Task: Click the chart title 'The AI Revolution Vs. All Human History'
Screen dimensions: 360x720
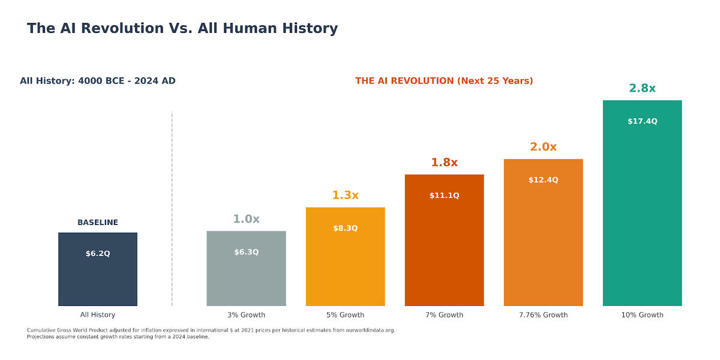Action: point(182,28)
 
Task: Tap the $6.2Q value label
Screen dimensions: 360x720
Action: point(98,254)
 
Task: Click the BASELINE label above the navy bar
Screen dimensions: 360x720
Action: point(98,223)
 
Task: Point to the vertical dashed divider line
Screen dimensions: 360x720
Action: point(172,210)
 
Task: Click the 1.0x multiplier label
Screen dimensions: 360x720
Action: point(246,219)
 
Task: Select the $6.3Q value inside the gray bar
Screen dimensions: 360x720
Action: point(246,252)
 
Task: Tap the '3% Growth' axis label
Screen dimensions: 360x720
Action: point(246,315)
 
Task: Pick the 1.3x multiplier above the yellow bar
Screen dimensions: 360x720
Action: point(345,195)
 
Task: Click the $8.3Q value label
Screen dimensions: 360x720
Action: point(345,228)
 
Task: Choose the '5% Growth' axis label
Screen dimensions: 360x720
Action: point(345,315)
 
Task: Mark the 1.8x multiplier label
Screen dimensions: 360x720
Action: point(444,163)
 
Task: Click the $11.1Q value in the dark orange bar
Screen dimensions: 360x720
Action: point(444,196)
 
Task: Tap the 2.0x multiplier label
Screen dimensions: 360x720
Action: point(543,147)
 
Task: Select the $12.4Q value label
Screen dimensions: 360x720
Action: point(543,180)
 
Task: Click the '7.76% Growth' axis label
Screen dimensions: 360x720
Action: point(543,315)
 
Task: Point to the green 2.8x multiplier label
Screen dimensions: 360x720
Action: point(642,88)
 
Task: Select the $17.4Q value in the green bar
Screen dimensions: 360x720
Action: point(642,121)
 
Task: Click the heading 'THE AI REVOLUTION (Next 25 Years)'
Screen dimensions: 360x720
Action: point(444,81)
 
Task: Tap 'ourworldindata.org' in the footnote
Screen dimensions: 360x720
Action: point(370,330)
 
